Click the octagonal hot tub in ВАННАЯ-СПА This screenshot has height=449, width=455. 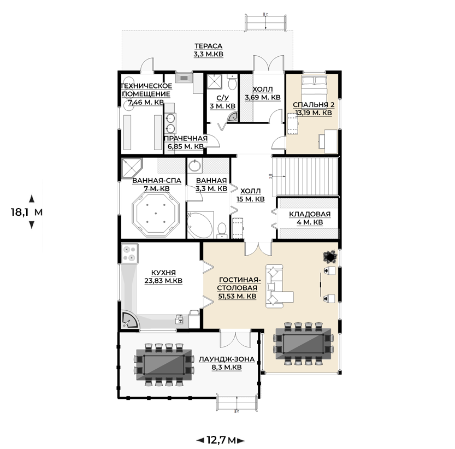pyautogui.click(x=156, y=214)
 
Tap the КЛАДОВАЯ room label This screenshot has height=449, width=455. pyautogui.click(x=310, y=214)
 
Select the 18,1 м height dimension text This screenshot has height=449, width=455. pyautogui.click(x=27, y=212)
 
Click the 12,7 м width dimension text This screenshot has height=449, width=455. pyautogui.click(x=221, y=440)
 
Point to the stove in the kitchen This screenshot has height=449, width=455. pyautogui.click(x=129, y=253)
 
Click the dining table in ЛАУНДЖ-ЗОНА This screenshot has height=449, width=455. pyautogui.click(x=164, y=364)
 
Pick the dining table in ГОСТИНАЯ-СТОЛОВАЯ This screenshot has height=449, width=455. pyautogui.click(x=303, y=343)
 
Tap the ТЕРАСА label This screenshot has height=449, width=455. pyautogui.click(x=208, y=46)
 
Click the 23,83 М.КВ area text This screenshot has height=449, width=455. pyautogui.click(x=163, y=281)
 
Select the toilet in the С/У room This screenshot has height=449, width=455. pyautogui.click(x=232, y=82)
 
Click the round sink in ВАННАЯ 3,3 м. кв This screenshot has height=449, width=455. pyautogui.click(x=194, y=166)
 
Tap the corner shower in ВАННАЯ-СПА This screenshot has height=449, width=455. pyautogui.click(x=132, y=168)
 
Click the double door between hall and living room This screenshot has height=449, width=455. pyautogui.click(x=258, y=249)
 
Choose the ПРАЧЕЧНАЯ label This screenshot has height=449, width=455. pyautogui.click(x=186, y=138)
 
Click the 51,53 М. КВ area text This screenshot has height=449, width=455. pyautogui.click(x=237, y=296)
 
